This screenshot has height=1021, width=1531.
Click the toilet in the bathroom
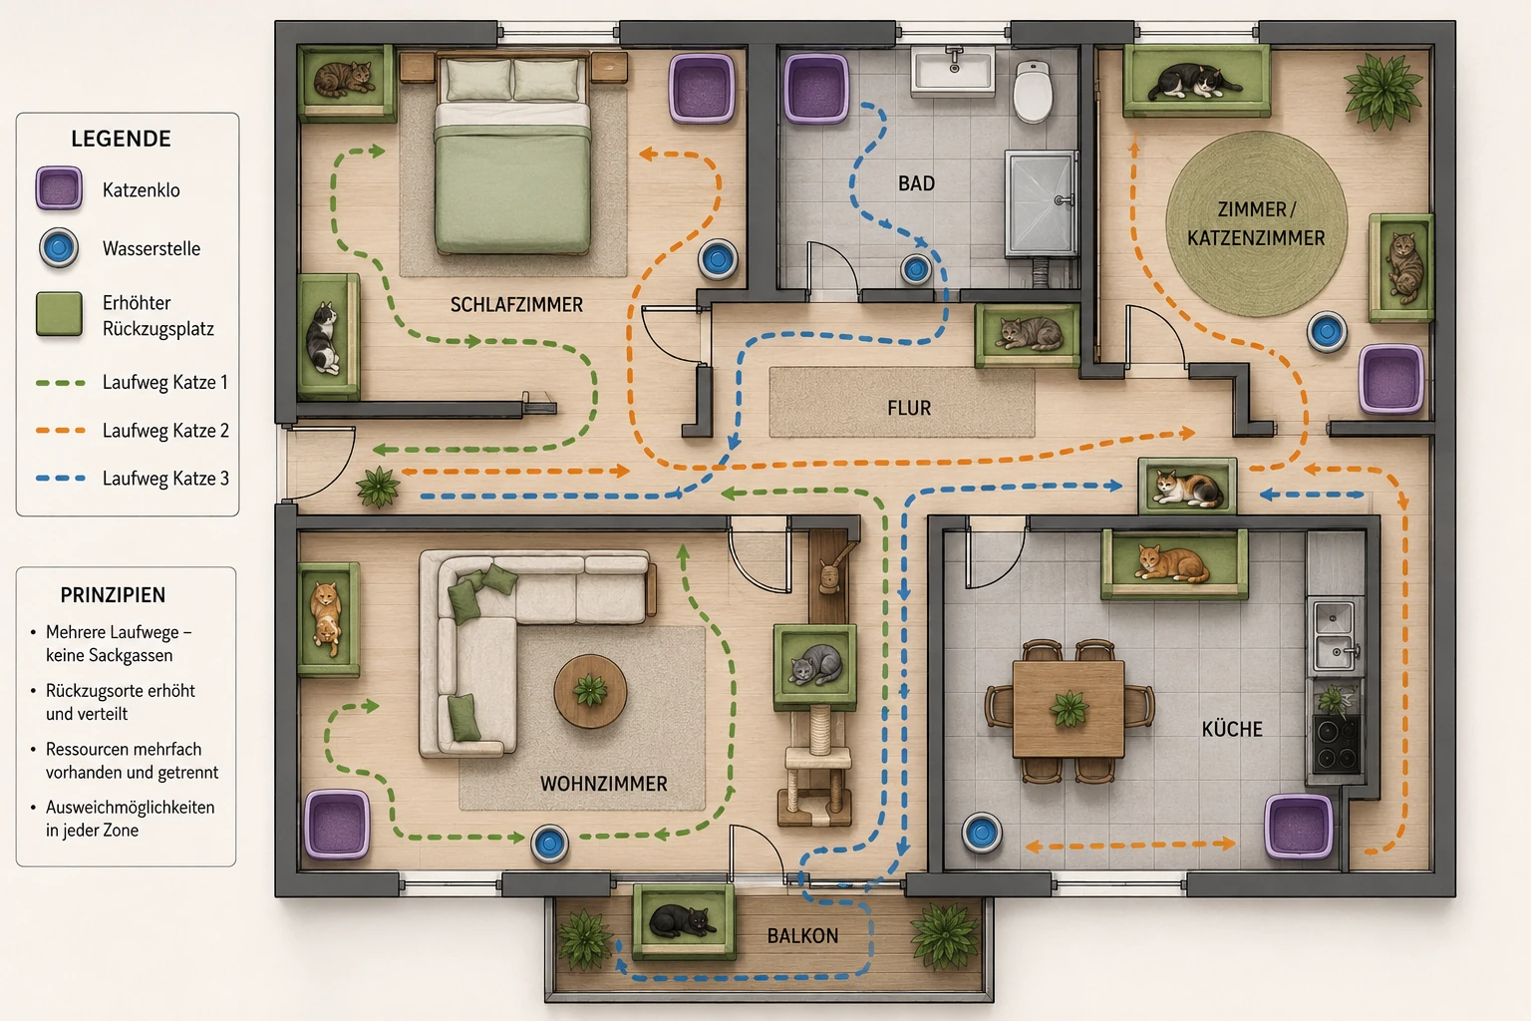[1033, 91]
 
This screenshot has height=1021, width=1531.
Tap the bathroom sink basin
[954, 71]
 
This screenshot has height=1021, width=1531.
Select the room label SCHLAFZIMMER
[516, 305]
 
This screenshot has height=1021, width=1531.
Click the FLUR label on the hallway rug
[909, 408]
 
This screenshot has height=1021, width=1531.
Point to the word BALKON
[802, 935]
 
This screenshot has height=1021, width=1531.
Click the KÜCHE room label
[1232, 728]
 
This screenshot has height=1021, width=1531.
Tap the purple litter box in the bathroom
[816, 89]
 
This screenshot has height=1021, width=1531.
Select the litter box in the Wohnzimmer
[337, 824]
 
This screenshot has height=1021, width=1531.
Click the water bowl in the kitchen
[982, 833]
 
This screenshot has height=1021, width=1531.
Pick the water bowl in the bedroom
[717, 258]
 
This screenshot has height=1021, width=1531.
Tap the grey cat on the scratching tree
[815, 663]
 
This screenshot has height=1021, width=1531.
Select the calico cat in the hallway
[1188, 487]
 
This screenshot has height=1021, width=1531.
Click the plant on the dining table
[1069, 708]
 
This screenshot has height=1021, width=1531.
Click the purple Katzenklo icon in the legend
[60, 188]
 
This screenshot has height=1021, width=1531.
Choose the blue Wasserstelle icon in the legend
[59, 247]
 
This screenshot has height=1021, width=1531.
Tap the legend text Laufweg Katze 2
[165, 431]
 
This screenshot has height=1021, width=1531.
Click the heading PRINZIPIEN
[113, 595]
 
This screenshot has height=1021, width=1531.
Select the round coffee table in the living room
[590, 691]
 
